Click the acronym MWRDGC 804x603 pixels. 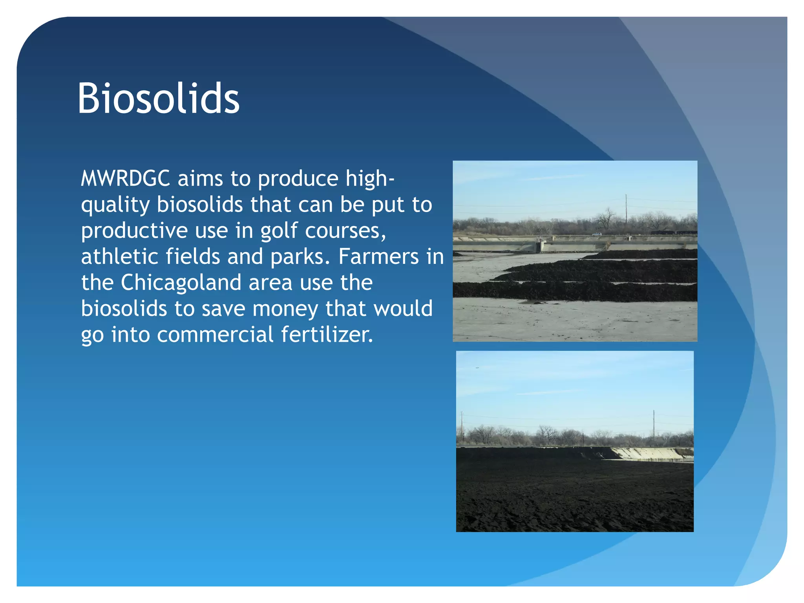(125, 179)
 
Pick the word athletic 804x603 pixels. (120, 257)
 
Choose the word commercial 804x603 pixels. (215, 335)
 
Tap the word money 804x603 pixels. (285, 309)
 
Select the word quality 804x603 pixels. (115, 205)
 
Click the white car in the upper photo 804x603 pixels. (596, 234)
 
